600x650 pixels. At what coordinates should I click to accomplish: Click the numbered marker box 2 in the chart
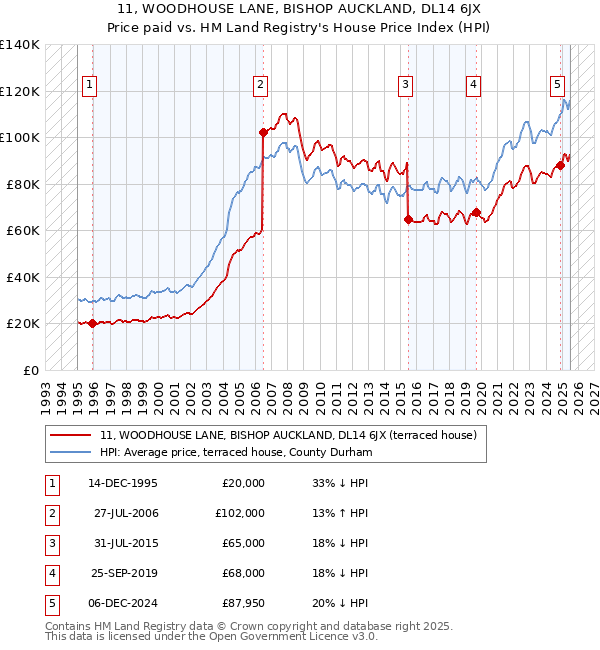(x=260, y=85)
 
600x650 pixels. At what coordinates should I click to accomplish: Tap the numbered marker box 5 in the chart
(x=556, y=85)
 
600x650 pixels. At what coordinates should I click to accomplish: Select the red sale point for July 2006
(x=263, y=132)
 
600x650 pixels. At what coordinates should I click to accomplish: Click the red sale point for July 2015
(x=408, y=219)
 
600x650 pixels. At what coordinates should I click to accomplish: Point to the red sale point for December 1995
(x=93, y=323)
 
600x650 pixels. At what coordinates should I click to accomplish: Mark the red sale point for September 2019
(x=477, y=212)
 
